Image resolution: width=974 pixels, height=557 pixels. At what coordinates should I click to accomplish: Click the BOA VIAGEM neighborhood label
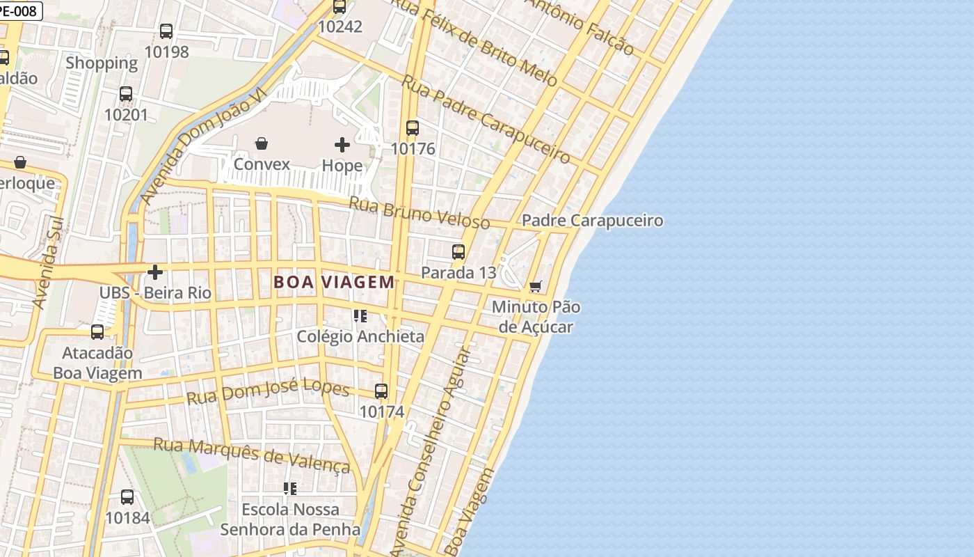click(334, 282)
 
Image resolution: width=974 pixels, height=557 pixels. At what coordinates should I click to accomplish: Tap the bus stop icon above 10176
click(413, 128)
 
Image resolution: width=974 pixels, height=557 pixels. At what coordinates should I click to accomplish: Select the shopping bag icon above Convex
click(262, 143)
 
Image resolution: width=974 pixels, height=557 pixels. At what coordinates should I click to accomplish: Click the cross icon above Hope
click(342, 145)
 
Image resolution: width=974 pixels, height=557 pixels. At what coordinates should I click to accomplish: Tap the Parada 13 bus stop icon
click(458, 252)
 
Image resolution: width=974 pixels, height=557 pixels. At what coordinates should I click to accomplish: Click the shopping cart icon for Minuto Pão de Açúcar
click(535, 286)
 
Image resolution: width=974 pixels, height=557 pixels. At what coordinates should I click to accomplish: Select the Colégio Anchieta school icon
click(360, 316)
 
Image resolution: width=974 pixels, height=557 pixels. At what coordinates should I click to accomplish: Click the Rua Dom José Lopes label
click(268, 392)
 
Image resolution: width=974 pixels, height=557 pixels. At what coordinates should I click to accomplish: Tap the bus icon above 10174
click(381, 391)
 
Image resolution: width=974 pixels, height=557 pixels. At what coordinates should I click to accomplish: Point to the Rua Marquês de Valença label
click(251, 455)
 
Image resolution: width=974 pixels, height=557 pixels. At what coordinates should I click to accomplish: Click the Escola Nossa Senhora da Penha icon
click(290, 489)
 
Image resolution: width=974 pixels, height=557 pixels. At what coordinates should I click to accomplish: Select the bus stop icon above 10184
click(127, 497)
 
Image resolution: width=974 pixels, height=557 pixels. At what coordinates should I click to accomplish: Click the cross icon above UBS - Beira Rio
click(155, 272)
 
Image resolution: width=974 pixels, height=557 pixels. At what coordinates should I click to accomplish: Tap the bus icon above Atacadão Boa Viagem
click(97, 332)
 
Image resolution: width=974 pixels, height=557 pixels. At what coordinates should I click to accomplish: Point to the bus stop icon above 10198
click(166, 31)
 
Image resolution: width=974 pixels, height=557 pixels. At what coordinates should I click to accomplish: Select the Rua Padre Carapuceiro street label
click(486, 118)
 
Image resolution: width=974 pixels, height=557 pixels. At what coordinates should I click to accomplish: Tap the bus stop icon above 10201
click(126, 94)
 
